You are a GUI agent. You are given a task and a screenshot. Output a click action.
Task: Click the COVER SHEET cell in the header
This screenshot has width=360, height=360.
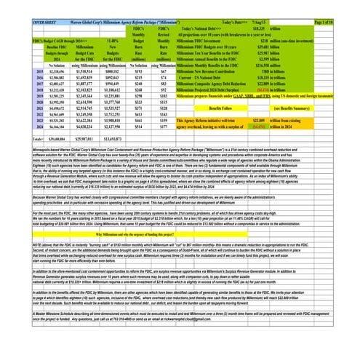tap(18, 4)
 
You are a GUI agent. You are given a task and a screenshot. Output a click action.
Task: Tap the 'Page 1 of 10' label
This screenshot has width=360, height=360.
tap(342, 4)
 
